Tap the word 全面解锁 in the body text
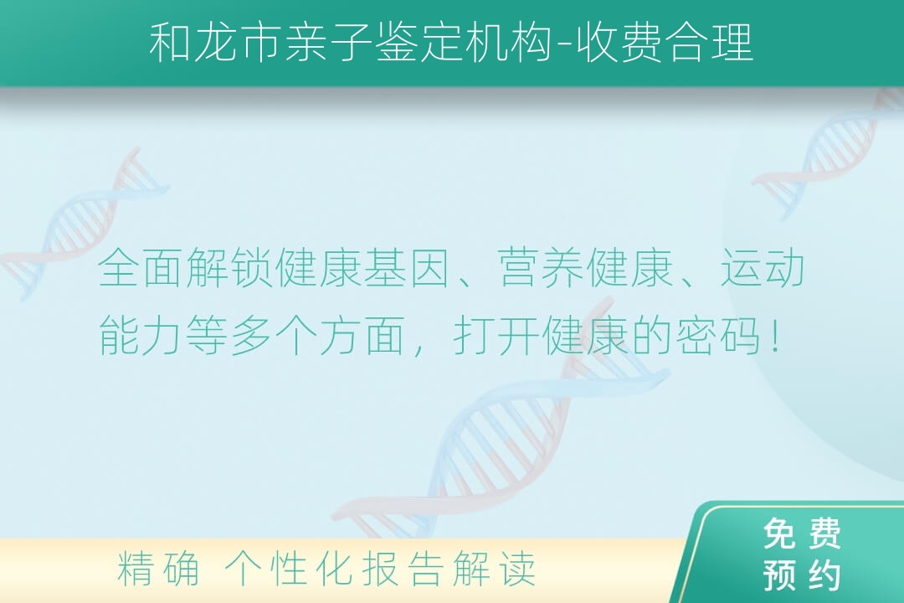click(x=186, y=268)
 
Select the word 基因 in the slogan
click(x=408, y=268)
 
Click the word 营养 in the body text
click(x=541, y=268)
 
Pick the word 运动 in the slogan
click(x=763, y=268)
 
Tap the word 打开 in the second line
click(x=496, y=336)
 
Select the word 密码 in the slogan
click(x=718, y=336)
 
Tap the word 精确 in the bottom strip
click(x=158, y=569)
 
